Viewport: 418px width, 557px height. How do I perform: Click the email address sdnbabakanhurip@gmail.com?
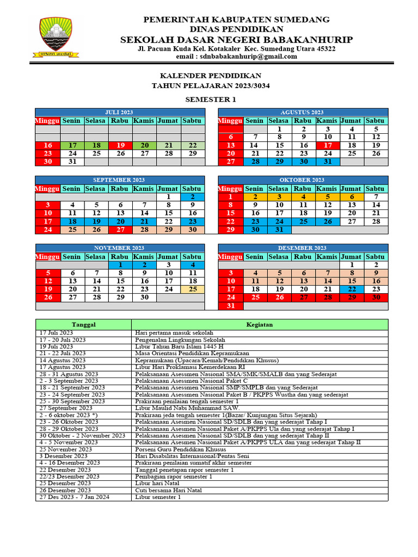pyautogui.click(x=236, y=57)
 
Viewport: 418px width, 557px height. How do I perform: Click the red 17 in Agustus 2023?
pyautogui.click(x=327, y=145)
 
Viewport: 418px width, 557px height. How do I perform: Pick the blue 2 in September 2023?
pyautogui.click(x=192, y=196)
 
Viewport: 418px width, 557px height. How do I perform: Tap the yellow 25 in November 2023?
pyautogui.click(x=192, y=289)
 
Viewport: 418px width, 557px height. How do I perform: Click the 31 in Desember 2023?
pyautogui.click(x=230, y=306)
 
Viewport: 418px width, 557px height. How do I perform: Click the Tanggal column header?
pyautogui.click(x=84, y=325)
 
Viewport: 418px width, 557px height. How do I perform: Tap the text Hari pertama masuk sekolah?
pyautogui.click(x=174, y=332)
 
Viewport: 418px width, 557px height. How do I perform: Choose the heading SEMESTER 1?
pyautogui.click(x=211, y=99)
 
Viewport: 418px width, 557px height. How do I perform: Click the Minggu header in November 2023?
pyautogui.click(x=48, y=257)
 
